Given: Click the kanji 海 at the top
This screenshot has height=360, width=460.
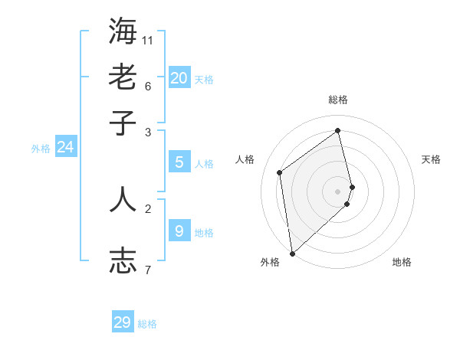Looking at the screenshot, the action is pos(123,31).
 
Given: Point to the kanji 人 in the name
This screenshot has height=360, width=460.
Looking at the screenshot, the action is pos(123,198).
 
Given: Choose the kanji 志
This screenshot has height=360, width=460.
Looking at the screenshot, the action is pos(123,260).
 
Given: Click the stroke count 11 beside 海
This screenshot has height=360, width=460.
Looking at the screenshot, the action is pos(148,40).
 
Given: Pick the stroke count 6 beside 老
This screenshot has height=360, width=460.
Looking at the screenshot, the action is pos(148,86).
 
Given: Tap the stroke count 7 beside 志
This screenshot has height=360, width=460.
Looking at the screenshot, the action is pos(148,269).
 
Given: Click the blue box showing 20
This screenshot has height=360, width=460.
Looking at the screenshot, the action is pos(179,78).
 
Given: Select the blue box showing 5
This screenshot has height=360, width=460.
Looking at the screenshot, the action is pos(179,162).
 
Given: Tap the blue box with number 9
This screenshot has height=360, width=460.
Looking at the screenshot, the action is pos(179,231).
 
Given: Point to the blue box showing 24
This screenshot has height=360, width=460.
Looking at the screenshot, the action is pos(65,147).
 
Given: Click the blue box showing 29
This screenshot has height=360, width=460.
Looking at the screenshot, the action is pos(123,322).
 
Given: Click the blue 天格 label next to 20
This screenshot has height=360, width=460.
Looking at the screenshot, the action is pos(204,80).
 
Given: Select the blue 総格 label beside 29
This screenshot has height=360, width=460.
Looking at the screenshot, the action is pos(147,324).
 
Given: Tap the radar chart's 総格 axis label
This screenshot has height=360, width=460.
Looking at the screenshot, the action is pos(338,100).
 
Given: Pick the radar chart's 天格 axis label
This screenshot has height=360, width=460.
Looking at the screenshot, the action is pos(432,159).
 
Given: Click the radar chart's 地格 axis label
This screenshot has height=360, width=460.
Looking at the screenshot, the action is pos(402,262).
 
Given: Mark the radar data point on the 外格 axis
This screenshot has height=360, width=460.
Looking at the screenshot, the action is pos(292,253).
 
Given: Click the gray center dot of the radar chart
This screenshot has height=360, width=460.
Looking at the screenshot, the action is pos(338,190).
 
